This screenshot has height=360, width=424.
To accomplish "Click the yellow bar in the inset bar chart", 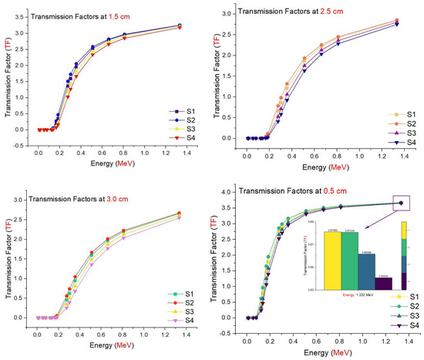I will (331, 260).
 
